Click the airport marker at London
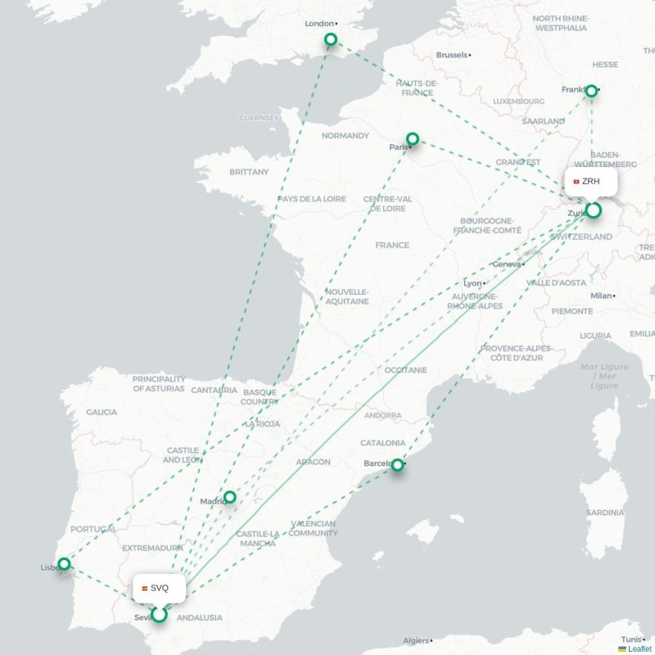331,39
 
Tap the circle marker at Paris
413,139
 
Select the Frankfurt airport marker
591,91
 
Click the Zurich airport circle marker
593,210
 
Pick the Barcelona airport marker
397,465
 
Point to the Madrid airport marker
230,497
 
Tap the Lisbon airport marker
64,563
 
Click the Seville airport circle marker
160,613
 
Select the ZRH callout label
590,181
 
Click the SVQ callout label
159,588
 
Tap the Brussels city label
453,55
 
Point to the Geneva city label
507,264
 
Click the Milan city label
602,296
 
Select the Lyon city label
472,282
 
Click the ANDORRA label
383,416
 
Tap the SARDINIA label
605,513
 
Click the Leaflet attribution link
639,648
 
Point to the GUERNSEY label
260,118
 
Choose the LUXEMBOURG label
518,102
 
